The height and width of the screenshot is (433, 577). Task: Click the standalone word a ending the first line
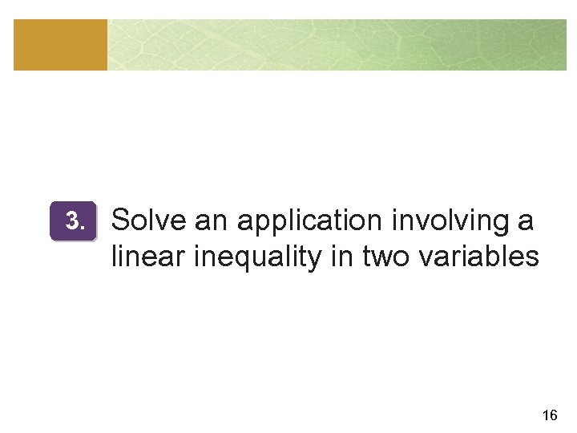[x=525, y=221]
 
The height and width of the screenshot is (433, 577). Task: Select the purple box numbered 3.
[x=73, y=221]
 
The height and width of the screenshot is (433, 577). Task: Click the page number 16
[x=550, y=415]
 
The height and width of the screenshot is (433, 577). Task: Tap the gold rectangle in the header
[x=60, y=45]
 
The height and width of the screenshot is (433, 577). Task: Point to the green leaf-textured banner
[x=337, y=45]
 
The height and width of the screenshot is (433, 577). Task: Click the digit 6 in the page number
[x=554, y=415]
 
